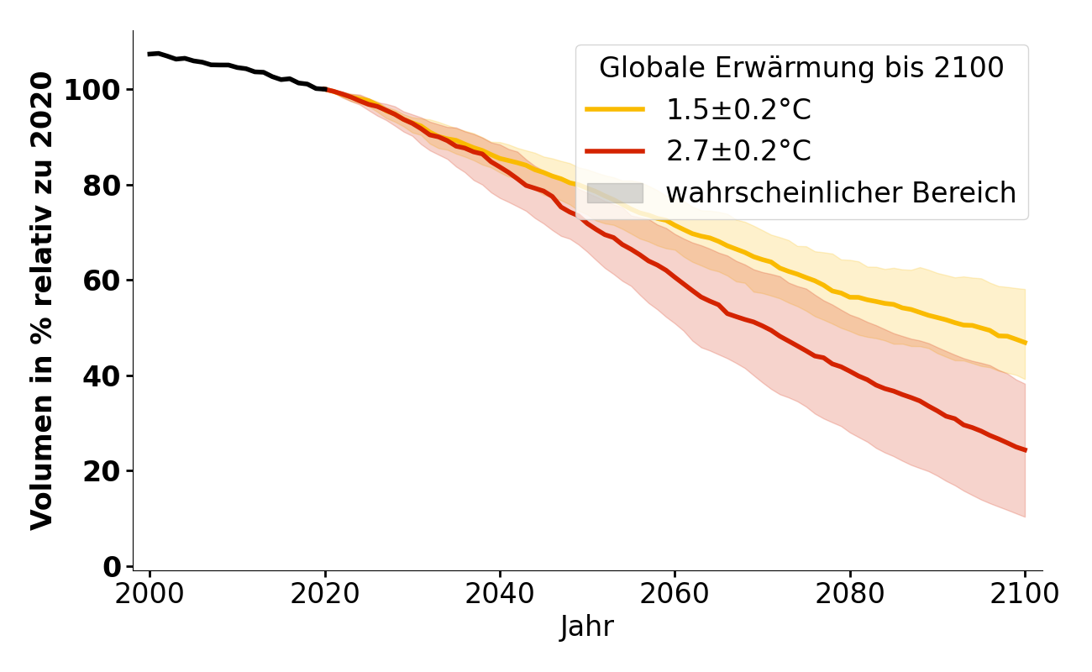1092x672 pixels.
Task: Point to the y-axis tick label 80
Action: pyautogui.click(x=101, y=186)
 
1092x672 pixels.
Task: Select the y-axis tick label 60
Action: pyautogui.click(x=101, y=281)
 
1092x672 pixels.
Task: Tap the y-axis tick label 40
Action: pyautogui.click(x=101, y=375)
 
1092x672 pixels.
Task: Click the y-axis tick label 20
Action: pyautogui.click(x=101, y=471)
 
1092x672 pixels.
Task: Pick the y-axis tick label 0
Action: pyautogui.click(x=111, y=567)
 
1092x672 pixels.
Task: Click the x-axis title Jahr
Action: pyautogui.click(x=587, y=627)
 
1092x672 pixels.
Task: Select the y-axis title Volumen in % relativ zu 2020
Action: pyautogui.click(x=42, y=300)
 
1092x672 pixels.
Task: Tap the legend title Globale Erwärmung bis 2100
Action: pyautogui.click(x=801, y=68)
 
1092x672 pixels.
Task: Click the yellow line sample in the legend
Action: pyautogui.click(x=615, y=109)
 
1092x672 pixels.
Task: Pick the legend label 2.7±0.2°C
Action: pyautogui.click(x=738, y=151)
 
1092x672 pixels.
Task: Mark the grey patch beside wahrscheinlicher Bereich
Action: pyautogui.click(x=615, y=193)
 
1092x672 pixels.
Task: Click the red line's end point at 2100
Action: pyautogui.click(x=1025, y=450)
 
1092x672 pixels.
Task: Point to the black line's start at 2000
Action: pyautogui.click(x=150, y=54)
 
